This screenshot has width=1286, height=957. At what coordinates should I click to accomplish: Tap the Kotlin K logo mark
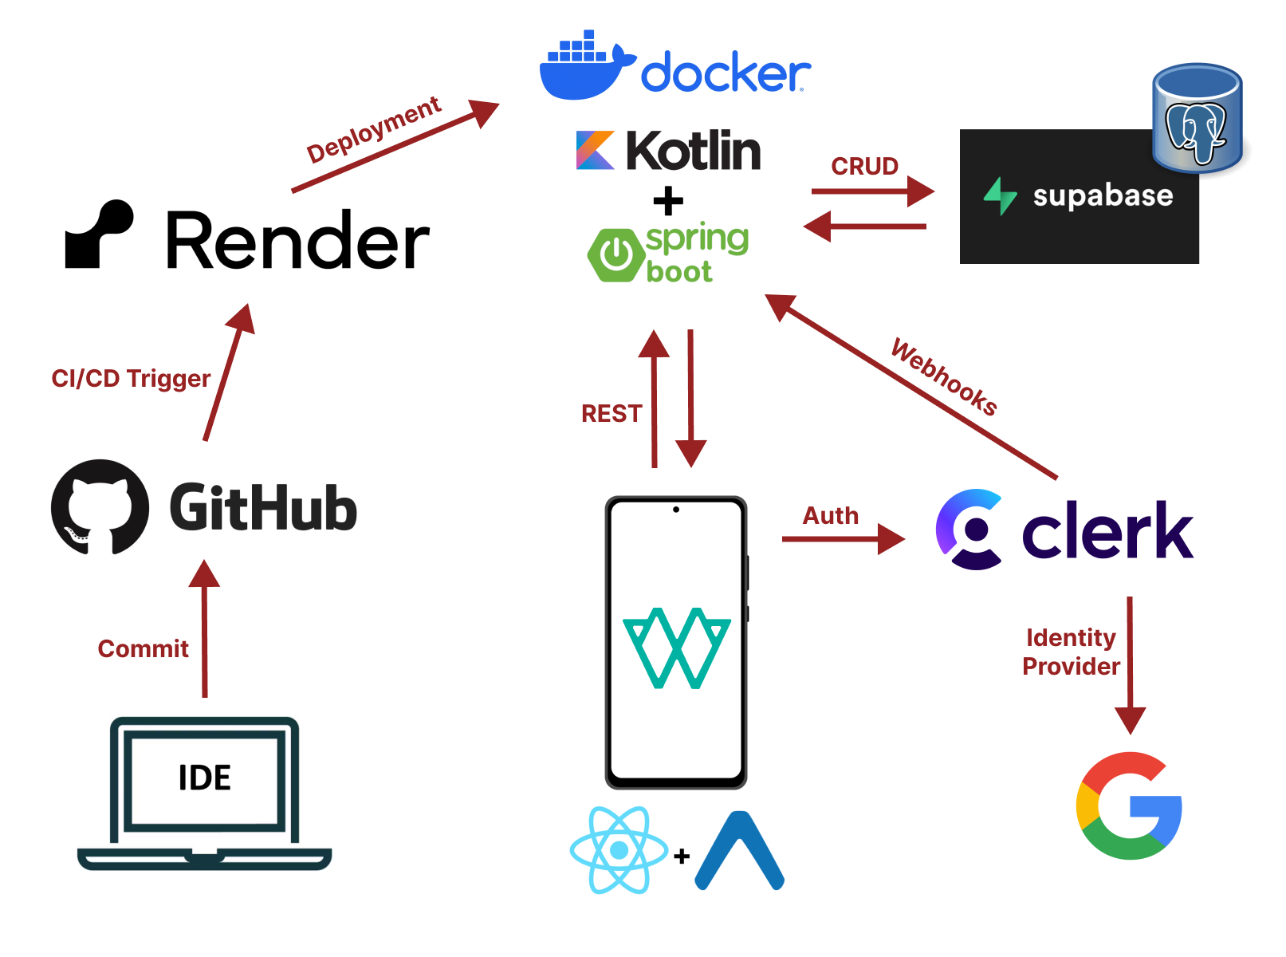[594, 150]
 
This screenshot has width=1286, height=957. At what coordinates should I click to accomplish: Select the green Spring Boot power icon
[615, 254]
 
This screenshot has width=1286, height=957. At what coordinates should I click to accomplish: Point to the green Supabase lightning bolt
[1000, 196]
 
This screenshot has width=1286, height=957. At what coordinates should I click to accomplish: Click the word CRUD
[864, 167]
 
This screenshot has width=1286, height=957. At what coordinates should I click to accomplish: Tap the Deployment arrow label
[373, 129]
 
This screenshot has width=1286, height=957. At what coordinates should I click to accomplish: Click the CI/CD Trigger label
[131, 379]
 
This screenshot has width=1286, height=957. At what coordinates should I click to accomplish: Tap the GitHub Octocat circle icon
[100, 507]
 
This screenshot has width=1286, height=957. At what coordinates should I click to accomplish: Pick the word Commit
[143, 648]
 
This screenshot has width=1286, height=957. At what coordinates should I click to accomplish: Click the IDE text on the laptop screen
[204, 778]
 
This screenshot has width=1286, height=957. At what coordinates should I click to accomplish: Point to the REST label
[612, 414]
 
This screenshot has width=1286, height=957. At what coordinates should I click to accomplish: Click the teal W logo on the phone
[676, 648]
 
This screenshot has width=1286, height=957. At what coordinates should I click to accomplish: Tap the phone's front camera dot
[675, 510]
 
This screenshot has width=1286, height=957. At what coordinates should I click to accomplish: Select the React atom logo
[619, 849]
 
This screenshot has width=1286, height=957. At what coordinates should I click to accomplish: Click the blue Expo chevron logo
[739, 850]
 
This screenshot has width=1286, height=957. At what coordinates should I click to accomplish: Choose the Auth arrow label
[830, 516]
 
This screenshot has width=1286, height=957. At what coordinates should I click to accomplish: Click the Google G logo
[1128, 805]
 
